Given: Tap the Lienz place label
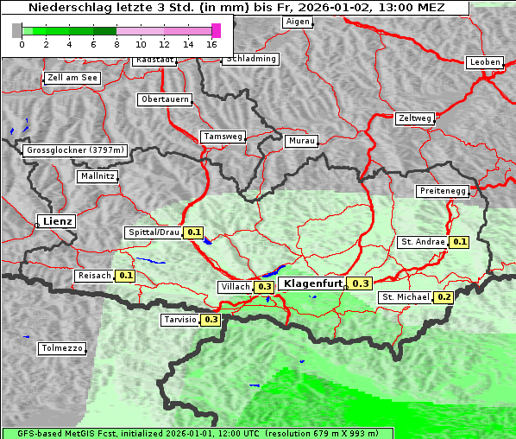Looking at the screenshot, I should click(x=57, y=221).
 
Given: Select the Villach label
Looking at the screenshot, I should click(x=236, y=286).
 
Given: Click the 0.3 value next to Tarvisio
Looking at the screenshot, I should click(x=211, y=320).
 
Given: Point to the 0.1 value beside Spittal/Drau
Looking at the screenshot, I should click(x=193, y=232).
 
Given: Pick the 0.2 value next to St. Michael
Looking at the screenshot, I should click(x=444, y=297).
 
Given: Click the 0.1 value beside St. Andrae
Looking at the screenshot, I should click(x=459, y=242).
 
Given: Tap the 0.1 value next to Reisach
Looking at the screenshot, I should click(x=125, y=276).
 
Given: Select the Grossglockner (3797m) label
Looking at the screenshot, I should click(x=75, y=150).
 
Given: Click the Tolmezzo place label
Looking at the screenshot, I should click(x=62, y=348).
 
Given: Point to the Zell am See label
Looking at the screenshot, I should click(x=72, y=78).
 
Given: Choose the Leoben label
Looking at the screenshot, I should click(x=484, y=62).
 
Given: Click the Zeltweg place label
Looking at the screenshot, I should click(x=415, y=118).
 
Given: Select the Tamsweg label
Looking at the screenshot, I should click(x=223, y=137).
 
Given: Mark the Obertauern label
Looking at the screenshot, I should click(x=165, y=99).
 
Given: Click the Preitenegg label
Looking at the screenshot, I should click(x=443, y=191).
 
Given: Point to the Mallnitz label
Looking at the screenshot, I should click(x=97, y=176).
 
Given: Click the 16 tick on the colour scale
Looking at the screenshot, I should click(x=212, y=43).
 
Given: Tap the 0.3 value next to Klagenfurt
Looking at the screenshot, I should click(x=360, y=283).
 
